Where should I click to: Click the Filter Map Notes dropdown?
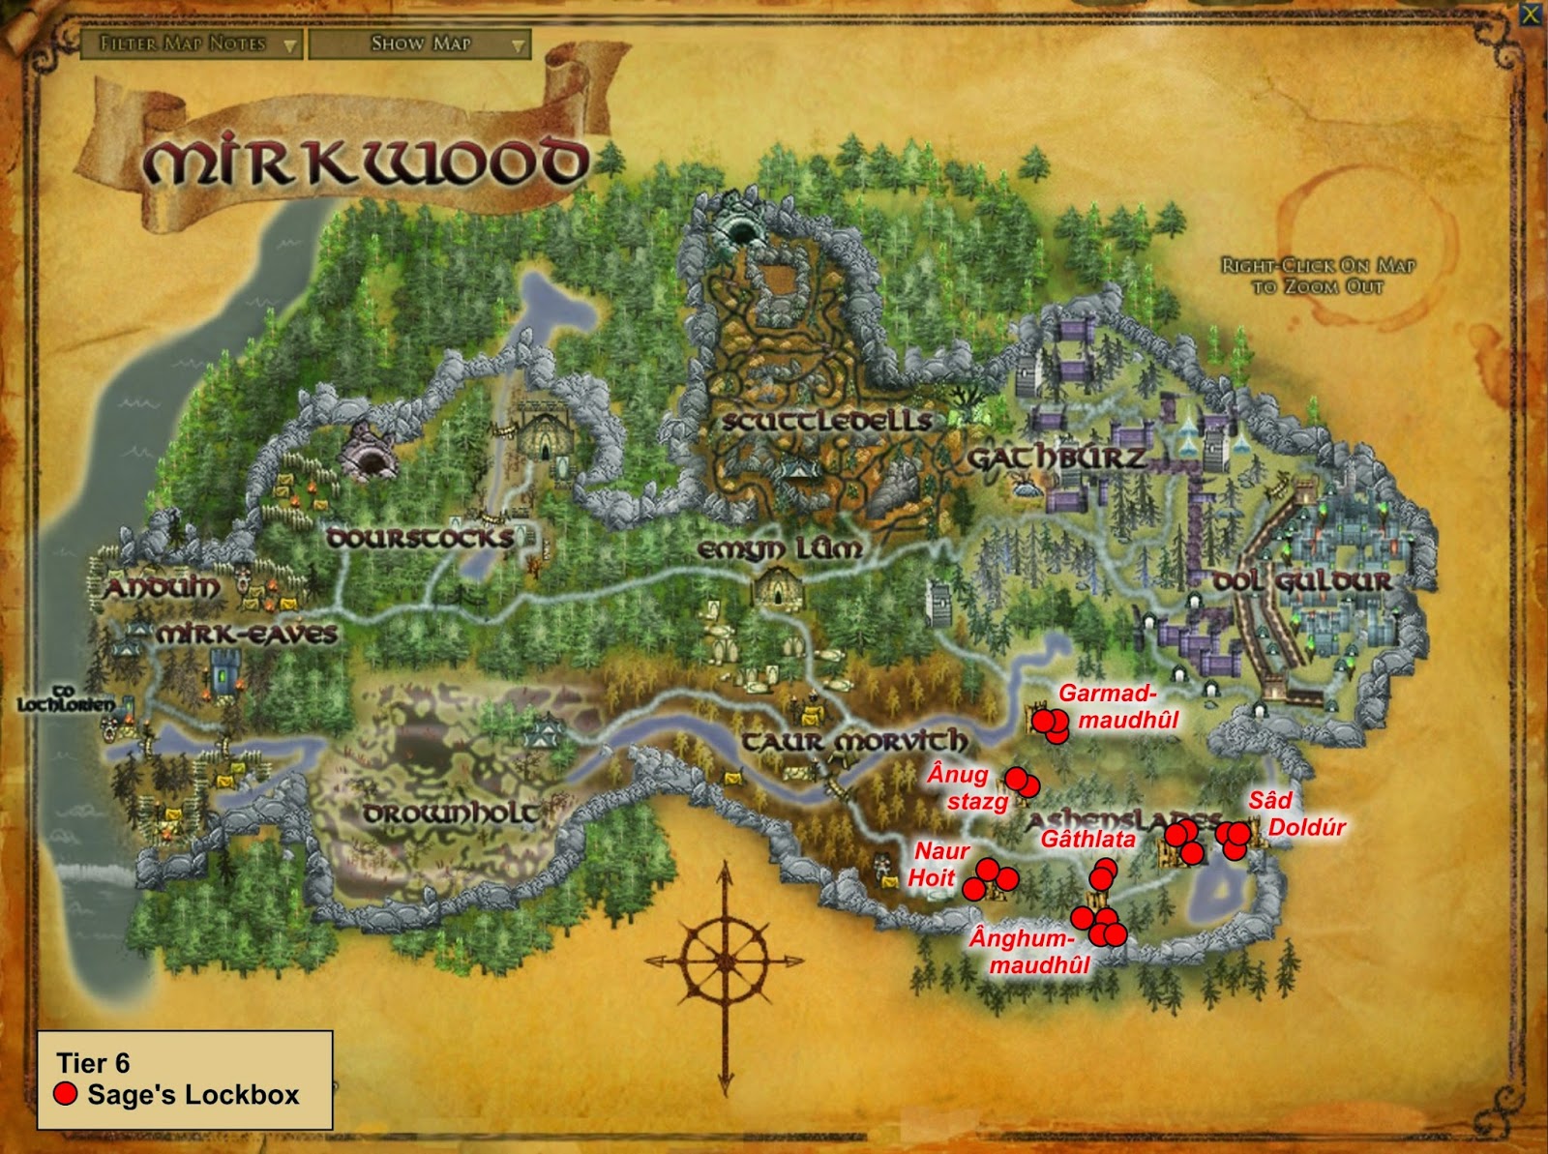[x=191, y=44]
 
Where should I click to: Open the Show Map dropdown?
[x=420, y=44]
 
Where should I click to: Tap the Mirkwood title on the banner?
[x=366, y=162]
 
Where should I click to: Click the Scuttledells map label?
[x=827, y=421]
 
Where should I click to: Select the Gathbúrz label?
[x=1057, y=458]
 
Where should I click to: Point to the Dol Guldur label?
[x=1303, y=581]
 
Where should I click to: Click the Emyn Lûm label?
[x=780, y=549]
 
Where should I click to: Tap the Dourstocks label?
[x=419, y=538]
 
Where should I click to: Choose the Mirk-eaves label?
[x=247, y=635]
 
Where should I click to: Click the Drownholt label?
[x=451, y=814]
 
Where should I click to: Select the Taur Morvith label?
[x=854, y=742]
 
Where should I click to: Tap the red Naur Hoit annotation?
[x=938, y=864]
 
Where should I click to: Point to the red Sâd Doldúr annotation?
[x=1295, y=814]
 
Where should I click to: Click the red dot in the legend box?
[x=66, y=1094]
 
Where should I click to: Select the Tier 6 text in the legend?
[x=93, y=1063]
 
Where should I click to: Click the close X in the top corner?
[x=1530, y=15]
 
